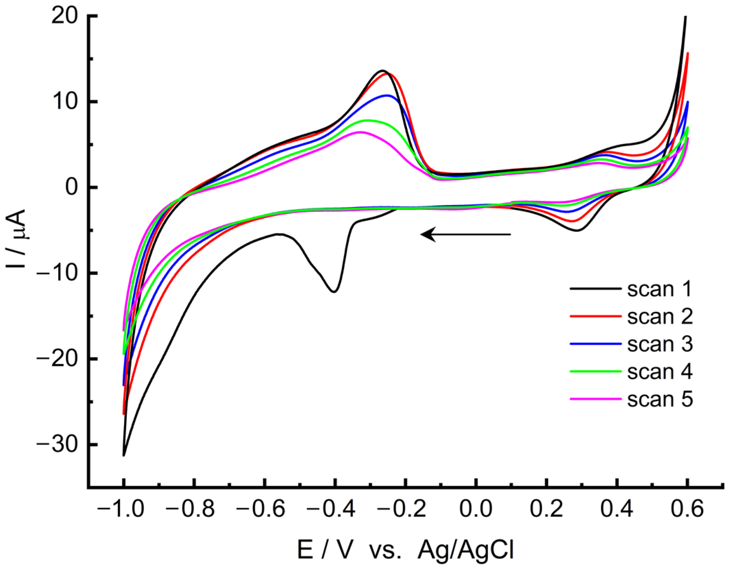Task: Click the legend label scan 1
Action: (x=660, y=289)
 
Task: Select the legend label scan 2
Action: (x=660, y=317)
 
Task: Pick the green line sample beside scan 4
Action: (x=595, y=371)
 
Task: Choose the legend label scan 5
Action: (x=660, y=399)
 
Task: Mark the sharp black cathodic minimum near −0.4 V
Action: (x=334, y=292)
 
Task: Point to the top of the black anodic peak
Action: (x=383, y=71)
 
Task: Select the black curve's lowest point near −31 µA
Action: (x=124, y=455)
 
